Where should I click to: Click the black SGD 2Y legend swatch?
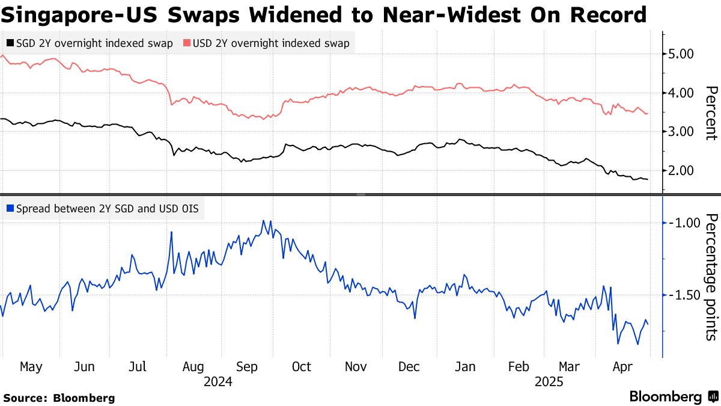(10, 43)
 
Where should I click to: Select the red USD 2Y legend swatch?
(187, 43)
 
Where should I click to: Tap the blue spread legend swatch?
(10, 209)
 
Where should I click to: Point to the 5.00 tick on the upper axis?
(681, 54)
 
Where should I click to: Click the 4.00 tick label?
(681, 93)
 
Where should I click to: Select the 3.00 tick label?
(681, 132)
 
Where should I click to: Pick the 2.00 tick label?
(681, 171)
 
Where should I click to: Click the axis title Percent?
(711, 113)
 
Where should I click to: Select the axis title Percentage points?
(711, 277)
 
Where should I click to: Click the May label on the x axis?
(31, 367)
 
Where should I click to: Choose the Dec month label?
(409, 367)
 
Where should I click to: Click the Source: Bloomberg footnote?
(59, 398)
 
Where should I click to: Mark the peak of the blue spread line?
(263, 220)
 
